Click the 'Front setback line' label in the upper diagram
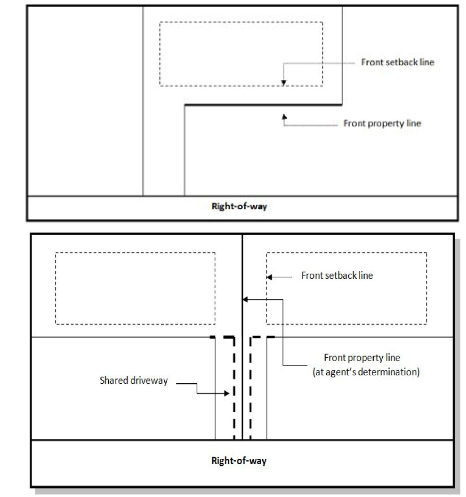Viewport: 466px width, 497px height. (397, 63)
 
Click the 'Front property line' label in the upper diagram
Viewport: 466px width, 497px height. (382, 124)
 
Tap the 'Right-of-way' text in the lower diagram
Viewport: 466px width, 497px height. (238, 460)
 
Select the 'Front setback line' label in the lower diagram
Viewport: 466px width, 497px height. (337, 276)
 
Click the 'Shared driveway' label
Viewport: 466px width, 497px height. (134, 381)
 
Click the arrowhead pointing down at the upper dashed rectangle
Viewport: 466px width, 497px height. (283, 83)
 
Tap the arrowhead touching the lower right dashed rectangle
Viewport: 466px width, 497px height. (269, 277)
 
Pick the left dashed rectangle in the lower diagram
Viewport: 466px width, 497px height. (135, 288)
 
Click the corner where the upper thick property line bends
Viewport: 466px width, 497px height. (185, 105)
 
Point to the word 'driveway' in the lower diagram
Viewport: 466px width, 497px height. (152, 381)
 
